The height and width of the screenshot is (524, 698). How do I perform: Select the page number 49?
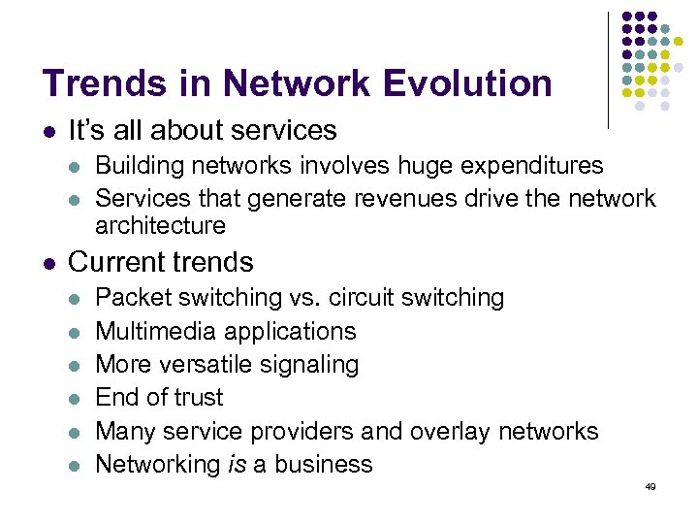click(x=650, y=486)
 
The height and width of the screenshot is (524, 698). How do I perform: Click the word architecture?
click(x=160, y=225)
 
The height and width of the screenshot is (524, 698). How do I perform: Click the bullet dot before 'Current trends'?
click(x=48, y=263)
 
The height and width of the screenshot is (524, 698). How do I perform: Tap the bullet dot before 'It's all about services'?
click(x=48, y=131)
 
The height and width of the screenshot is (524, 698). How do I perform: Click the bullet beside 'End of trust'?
click(x=76, y=398)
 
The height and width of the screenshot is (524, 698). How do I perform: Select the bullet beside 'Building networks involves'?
click(x=76, y=167)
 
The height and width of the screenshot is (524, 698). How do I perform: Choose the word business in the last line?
click(x=326, y=464)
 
